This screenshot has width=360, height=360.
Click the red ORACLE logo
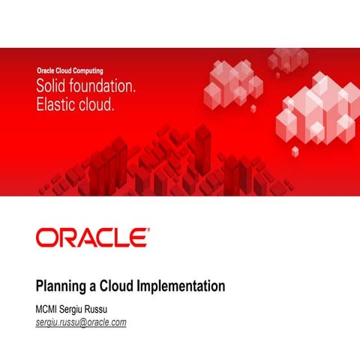pyautogui.click(x=91, y=238)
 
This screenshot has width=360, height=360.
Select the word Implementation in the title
pyautogui.click(x=182, y=287)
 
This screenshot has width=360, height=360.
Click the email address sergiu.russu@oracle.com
pyautogui.click(x=81, y=322)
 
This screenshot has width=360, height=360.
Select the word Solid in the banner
pyautogui.click(x=54, y=87)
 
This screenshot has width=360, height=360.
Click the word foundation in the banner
pyautogui.click(x=103, y=87)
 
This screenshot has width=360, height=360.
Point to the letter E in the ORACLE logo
pyautogui.click(x=136, y=238)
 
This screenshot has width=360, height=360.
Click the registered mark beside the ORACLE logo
pyautogui.click(x=148, y=231)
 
